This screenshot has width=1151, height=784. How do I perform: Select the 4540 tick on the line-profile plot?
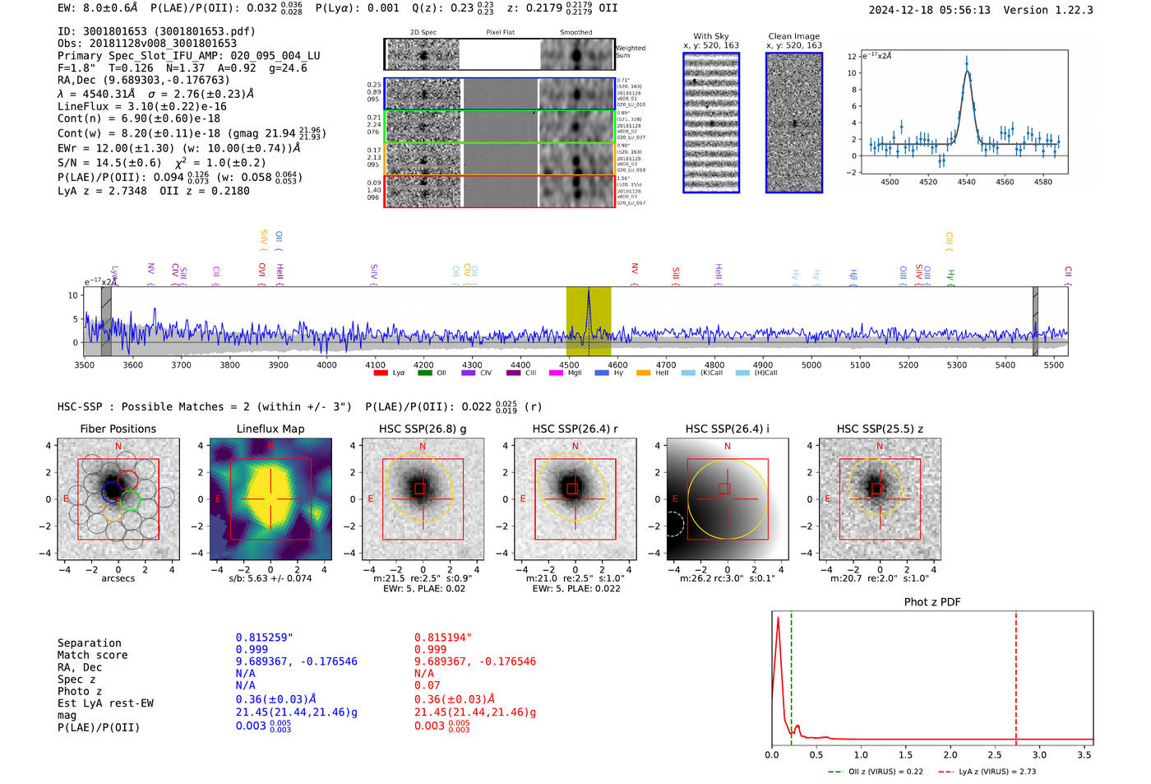(x=966, y=182)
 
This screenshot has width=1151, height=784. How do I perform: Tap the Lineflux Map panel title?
(x=270, y=429)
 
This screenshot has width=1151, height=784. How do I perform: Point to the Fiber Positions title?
(x=118, y=429)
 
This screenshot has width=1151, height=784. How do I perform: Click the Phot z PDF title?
(x=931, y=602)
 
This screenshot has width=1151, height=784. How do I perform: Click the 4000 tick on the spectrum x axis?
(x=326, y=365)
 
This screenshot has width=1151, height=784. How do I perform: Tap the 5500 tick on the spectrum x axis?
(x=1053, y=365)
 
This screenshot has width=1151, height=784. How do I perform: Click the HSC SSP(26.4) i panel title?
(x=727, y=429)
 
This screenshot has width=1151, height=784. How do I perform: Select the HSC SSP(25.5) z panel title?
(x=880, y=429)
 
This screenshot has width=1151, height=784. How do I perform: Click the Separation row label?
(x=89, y=643)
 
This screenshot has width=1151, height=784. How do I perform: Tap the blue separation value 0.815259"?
(x=264, y=638)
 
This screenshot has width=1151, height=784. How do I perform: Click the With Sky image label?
(x=710, y=36)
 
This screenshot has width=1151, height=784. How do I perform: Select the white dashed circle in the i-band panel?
(x=673, y=523)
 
